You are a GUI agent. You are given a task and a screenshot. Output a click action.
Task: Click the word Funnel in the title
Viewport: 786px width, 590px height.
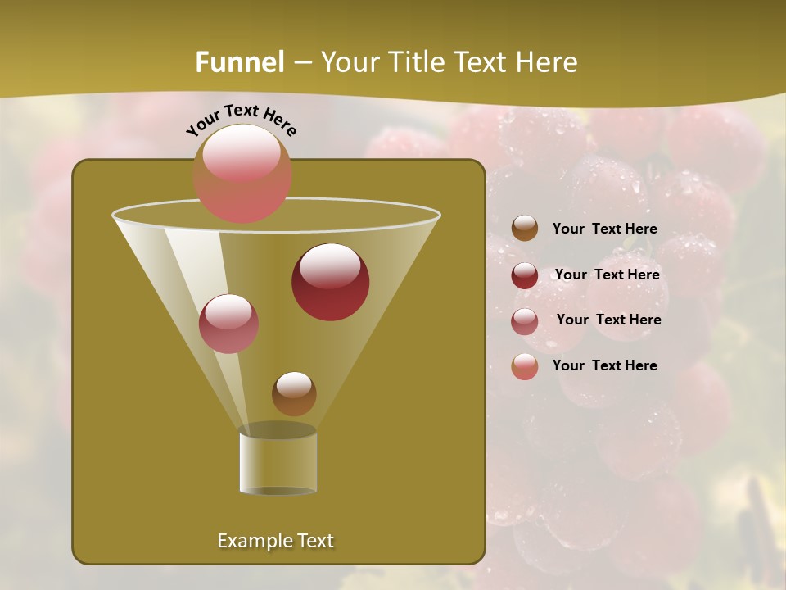(x=239, y=61)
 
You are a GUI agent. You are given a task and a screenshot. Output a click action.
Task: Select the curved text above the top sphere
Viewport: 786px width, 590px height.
(x=242, y=120)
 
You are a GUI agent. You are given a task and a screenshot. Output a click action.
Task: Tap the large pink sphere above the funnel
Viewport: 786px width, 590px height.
(x=242, y=174)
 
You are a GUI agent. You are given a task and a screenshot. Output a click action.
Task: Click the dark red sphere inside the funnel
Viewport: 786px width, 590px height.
(x=330, y=283)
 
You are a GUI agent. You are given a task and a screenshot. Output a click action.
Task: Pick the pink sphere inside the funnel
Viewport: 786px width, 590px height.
(x=228, y=324)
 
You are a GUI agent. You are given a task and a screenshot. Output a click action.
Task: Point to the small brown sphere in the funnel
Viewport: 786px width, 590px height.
(x=294, y=393)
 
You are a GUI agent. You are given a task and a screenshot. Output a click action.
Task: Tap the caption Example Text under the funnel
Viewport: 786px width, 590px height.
(x=275, y=541)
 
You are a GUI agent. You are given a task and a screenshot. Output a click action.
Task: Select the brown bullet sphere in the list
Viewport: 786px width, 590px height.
(x=525, y=229)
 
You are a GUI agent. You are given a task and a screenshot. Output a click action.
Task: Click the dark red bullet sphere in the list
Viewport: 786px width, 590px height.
(x=525, y=275)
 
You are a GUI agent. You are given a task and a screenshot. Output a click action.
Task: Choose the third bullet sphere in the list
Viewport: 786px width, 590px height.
(x=525, y=320)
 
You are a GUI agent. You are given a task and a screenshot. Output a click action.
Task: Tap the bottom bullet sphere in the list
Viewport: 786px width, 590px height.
(x=525, y=366)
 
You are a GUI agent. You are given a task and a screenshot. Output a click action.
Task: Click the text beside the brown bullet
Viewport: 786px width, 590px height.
(x=604, y=229)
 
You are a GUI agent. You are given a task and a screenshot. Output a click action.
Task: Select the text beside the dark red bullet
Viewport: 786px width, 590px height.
(x=607, y=275)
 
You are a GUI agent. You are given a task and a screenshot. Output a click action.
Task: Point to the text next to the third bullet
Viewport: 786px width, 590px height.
(x=608, y=320)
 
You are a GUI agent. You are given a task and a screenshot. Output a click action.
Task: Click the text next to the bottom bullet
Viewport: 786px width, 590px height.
(x=604, y=365)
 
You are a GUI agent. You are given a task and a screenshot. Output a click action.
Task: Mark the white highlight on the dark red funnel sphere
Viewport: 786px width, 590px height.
(x=330, y=266)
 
